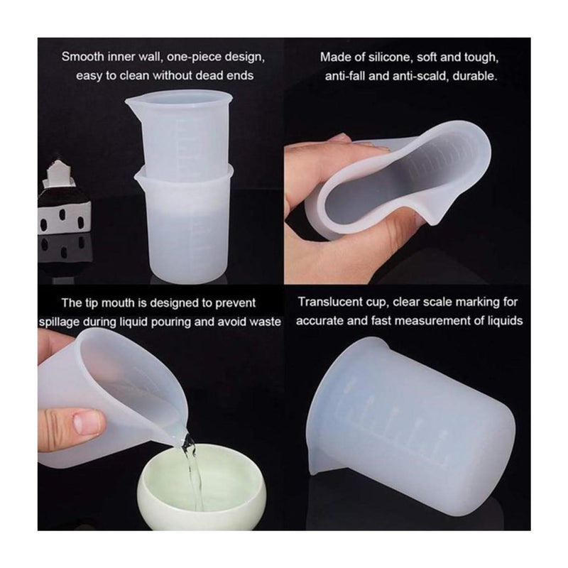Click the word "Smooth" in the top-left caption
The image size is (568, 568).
point(82,57)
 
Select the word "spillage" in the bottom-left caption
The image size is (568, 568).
point(59,322)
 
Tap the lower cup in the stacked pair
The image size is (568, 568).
point(184,224)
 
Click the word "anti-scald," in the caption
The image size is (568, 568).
point(422,76)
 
